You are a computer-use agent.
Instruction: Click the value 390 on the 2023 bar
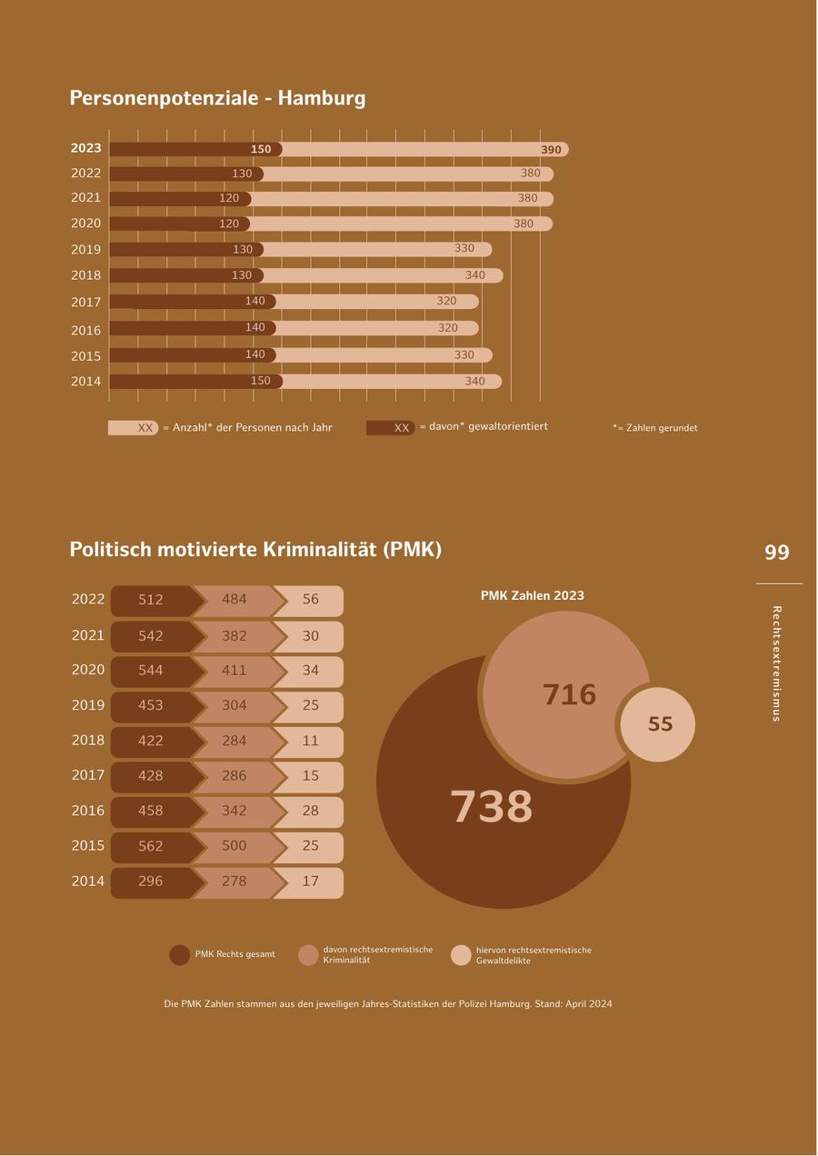point(551,150)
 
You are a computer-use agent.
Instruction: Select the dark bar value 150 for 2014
point(261,381)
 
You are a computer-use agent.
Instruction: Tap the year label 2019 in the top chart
point(86,250)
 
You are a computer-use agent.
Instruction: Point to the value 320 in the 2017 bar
point(446,301)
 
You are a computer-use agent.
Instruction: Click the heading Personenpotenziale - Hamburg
point(217,98)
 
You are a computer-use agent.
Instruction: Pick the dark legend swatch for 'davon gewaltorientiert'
point(391,428)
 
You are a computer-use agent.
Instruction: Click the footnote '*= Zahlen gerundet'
point(655,428)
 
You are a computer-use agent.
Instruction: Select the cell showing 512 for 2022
point(151,600)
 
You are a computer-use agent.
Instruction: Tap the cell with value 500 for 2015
point(234,846)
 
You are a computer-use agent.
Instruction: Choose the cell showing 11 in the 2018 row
point(311,741)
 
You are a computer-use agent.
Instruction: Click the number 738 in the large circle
point(492,807)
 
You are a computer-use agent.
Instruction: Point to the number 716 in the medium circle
point(570,695)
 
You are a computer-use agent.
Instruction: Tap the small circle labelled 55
point(660,724)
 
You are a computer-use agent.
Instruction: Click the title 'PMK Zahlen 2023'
point(533,596)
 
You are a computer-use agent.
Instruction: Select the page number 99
point(777,553)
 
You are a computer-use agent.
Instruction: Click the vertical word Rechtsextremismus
point(776,663)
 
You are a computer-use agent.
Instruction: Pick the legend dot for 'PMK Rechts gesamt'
point(180,955)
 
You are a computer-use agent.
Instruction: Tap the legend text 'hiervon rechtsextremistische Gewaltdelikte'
point(534,955)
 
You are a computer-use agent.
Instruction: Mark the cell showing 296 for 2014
point(151,882)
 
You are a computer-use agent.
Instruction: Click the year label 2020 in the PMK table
point(88,670)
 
